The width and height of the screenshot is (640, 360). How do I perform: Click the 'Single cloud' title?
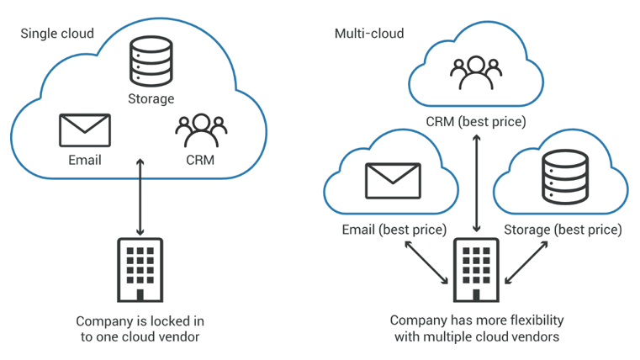pyautogui.click(x=57, y=34)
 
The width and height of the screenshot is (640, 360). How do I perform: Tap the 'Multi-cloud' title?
pyautogui.click(x=369, y=34)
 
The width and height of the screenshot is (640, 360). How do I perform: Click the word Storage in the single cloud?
pyautogui.click(x=151, y=98)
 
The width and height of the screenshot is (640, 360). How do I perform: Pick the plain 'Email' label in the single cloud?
pyautogui.click(x=84, y=160)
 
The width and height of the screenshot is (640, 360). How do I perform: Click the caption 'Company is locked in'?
pyautogui.click(x=140, y=320)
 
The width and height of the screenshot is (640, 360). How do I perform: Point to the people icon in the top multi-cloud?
pyautogui.click(x=476, y=74)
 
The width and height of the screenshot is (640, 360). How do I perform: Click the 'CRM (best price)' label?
pyautogui.click(x=476, y=122)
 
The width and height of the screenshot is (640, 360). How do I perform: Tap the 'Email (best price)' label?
pyautogui.click(x=394, y=230)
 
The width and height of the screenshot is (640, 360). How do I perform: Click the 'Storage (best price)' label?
pyautogui.click(x=563, y=230)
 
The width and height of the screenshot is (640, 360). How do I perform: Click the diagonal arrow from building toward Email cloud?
pyautogui.click(x=426, y=262)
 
